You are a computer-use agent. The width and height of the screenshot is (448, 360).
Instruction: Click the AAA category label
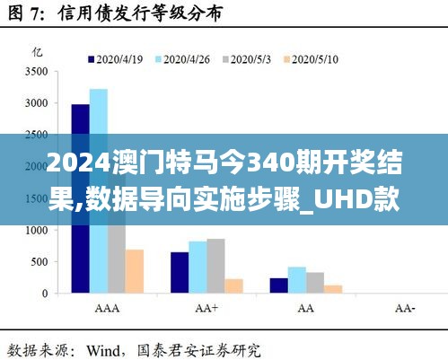[x=107, y=308]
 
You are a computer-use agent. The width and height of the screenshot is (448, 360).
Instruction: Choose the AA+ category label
[x=207, y=308]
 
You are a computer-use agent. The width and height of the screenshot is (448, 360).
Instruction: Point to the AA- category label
[x=406, y=308]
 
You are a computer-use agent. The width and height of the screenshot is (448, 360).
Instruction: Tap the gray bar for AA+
[x=216, y=266]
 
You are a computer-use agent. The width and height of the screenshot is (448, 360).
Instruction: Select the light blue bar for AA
[x=296, y=279]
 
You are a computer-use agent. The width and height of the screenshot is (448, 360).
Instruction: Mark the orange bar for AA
[x=333, y=289]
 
